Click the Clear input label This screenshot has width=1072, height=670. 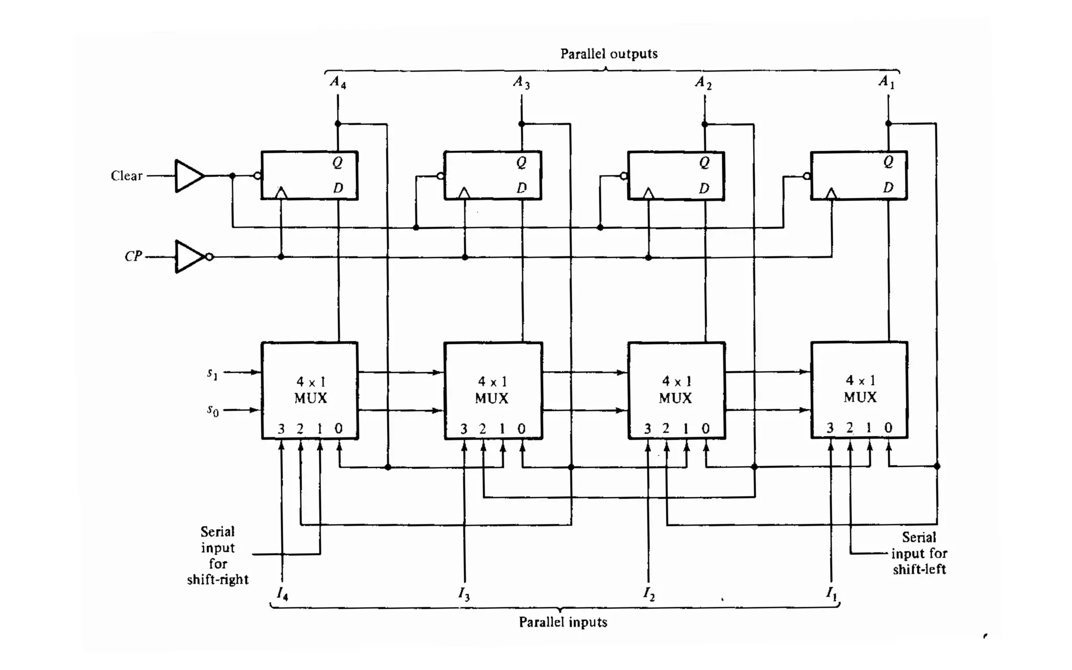tap(127, 176)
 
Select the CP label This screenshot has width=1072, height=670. tap(133, 256)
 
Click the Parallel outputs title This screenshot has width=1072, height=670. tap(609, 54)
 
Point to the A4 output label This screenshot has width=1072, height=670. tap(338, 82)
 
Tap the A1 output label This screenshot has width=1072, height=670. tap(886, 82)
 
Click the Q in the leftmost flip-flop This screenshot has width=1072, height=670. tap(338, 163)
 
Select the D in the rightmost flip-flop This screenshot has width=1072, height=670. tap(888, 187)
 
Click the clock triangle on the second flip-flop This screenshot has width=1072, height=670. tap(464, 194)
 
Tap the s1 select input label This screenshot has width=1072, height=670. tap(212, 373)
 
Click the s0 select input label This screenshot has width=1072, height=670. tap(212, 410)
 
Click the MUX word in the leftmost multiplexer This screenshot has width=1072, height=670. tap(310, 398)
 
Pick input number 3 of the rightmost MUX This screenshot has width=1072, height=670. tap(830, 428)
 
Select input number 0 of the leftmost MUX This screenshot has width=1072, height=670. tap(339, 429)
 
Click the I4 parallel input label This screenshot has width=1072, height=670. tap(282, 594)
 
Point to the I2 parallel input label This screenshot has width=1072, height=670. tap(649, 594)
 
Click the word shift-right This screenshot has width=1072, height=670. tap(218, 579)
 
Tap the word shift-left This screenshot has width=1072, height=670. tap(919, 569)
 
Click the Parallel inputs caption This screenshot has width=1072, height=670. tap(563, 622)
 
